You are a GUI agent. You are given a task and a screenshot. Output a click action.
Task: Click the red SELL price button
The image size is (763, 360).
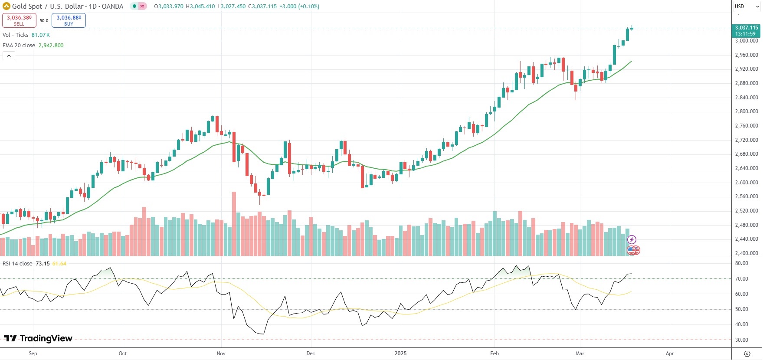[19, 20]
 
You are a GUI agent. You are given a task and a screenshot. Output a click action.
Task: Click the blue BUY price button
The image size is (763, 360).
[69, 20]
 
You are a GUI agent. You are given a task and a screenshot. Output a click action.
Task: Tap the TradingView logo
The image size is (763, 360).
[38, 338]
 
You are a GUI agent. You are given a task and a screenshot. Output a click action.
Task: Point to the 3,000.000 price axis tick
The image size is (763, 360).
[747, 41]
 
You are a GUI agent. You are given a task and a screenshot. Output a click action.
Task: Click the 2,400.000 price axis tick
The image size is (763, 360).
[747, 253]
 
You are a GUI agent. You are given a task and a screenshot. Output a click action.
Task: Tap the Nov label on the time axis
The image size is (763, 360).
[221, 353]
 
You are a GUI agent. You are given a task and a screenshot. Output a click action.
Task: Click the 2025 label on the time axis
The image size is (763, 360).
[400, 353]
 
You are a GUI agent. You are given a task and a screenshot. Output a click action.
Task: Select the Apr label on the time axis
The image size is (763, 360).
[670, 353]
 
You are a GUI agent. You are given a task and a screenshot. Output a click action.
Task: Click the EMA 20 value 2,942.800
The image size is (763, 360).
[51, 45]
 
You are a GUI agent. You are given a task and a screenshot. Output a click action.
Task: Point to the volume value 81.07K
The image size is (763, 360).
[40, 35]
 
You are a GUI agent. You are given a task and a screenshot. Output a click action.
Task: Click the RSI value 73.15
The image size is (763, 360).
[43, 263]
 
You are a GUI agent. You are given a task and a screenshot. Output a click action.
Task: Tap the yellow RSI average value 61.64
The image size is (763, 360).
[59, 263]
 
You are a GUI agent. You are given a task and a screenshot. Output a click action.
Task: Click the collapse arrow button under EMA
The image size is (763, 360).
[9, 56]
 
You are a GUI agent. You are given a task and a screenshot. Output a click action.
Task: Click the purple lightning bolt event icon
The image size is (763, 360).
[632, 239]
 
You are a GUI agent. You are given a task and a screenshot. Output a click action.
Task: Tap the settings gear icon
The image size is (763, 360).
[747, 353]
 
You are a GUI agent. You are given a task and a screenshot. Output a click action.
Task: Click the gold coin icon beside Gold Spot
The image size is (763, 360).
[7, 6]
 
